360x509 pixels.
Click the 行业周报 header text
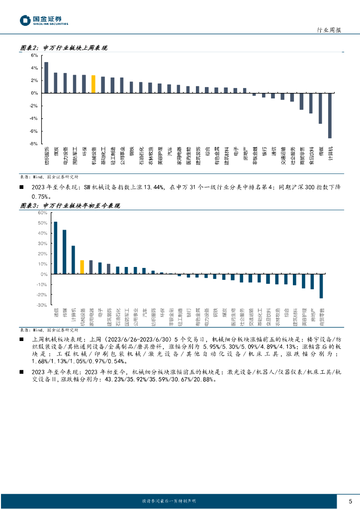point(329,30)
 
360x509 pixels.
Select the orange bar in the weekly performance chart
point(93,84)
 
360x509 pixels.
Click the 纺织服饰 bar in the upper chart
point(46,78)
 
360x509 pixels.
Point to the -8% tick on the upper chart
point(34,144)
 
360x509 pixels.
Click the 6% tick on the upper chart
point(34,55)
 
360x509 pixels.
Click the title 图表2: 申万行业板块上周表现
point(64,48)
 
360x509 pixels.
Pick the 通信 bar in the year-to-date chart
point(56,248)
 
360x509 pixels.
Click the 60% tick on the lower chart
point(42,212)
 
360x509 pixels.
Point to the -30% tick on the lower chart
point(42,305)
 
